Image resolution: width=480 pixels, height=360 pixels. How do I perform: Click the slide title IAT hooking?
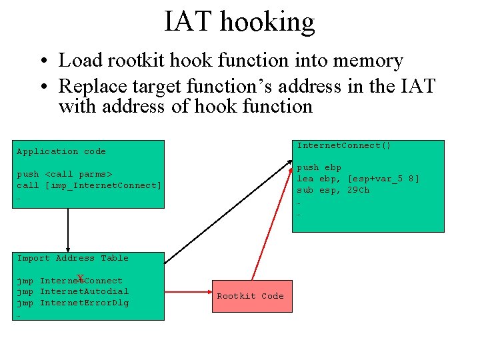click(x=239, y=21)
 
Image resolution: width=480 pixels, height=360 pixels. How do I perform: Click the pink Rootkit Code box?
click(x=250, y=296)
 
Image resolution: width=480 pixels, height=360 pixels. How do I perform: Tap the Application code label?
click(x=61, y=151)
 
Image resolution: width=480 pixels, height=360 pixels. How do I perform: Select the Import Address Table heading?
click(x=73, y=258)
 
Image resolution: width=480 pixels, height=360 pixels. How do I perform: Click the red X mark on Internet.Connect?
click(x=80, y=278)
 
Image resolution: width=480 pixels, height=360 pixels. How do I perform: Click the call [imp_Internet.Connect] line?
click(x=89, y=185)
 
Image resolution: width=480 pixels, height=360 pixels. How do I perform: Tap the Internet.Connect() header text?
click(x=344, y=145)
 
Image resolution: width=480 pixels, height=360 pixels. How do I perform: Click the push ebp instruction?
click(x=319, y=167)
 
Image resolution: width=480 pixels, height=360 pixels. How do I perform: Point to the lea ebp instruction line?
click(x=358, y=179)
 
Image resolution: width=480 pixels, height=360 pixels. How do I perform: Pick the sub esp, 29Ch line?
click(x=333, y=190)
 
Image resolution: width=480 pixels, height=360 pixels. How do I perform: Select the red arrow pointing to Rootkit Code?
click(x=188, y=292)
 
